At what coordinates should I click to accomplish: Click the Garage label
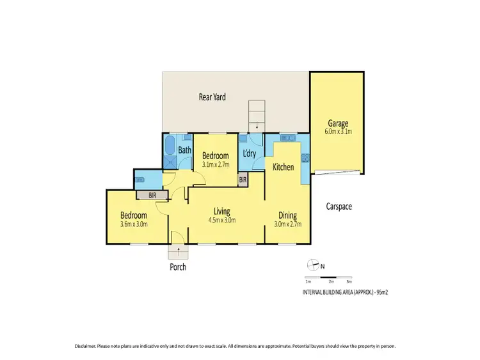(x=337, y=123)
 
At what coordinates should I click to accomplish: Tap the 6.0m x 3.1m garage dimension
(x=337, y=132)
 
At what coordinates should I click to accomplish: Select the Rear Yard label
(x=212, y=97)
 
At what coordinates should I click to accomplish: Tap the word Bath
(x=185, y=150)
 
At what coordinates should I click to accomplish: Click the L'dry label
(x=249, y=153)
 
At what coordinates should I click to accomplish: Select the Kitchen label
(x=284, y=167)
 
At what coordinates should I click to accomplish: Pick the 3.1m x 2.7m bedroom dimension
(x=215, y=164)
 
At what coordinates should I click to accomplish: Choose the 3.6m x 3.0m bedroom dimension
(x=134, y=224)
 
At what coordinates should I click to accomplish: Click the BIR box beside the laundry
(x=243, y=180)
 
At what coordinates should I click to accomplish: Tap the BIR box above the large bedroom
(x=152, y=195)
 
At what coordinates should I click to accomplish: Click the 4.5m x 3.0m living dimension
(x=222, y=220)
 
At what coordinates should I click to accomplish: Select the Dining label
(x=287, y=215)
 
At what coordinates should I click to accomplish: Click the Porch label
(x=178, y=267)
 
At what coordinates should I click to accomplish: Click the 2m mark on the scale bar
(x=331, y=281)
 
